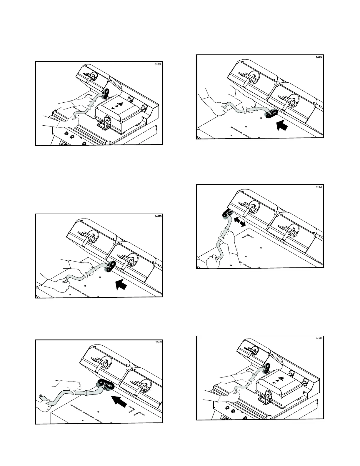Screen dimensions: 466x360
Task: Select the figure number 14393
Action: click(x=159, y=216)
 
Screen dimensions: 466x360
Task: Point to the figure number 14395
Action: click(x=319, y=187)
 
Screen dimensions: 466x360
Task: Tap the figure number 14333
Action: click(x=159, y=342)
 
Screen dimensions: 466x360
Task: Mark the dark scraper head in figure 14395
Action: click(x=226, y=214)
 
